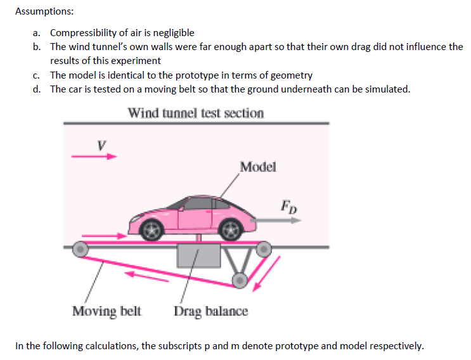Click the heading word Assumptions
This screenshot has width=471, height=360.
tap(39, 11)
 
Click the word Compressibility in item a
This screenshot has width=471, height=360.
tap(82, 33)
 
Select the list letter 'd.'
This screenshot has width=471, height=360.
tap(38, 89)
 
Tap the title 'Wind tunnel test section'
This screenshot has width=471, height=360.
tap(196, 113)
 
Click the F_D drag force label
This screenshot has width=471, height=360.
tap(288, 206)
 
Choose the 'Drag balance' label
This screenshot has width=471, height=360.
tap(211, 311)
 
